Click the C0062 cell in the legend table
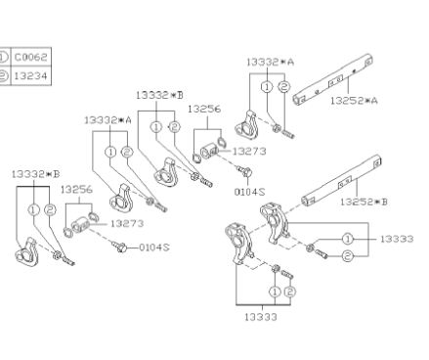coord(31,58)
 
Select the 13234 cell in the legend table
coord(31,76)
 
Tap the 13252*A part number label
coord(354,101)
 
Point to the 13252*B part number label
coord(364,202)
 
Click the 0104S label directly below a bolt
coord(249,192)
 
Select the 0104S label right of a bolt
coord(154,247)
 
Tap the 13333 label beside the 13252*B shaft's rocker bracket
coord(397,239)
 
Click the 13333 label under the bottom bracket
coord(261,317)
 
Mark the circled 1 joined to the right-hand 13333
coord(348,239)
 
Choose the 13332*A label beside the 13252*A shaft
coord(270,62)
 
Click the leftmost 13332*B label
coord(36,174)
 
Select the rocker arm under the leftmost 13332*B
coord(27,252)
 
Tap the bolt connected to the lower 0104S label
coord(119,247)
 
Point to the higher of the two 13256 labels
coord(204,109)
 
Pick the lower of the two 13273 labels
coord(127,224)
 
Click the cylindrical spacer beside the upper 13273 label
coord(209,152)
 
